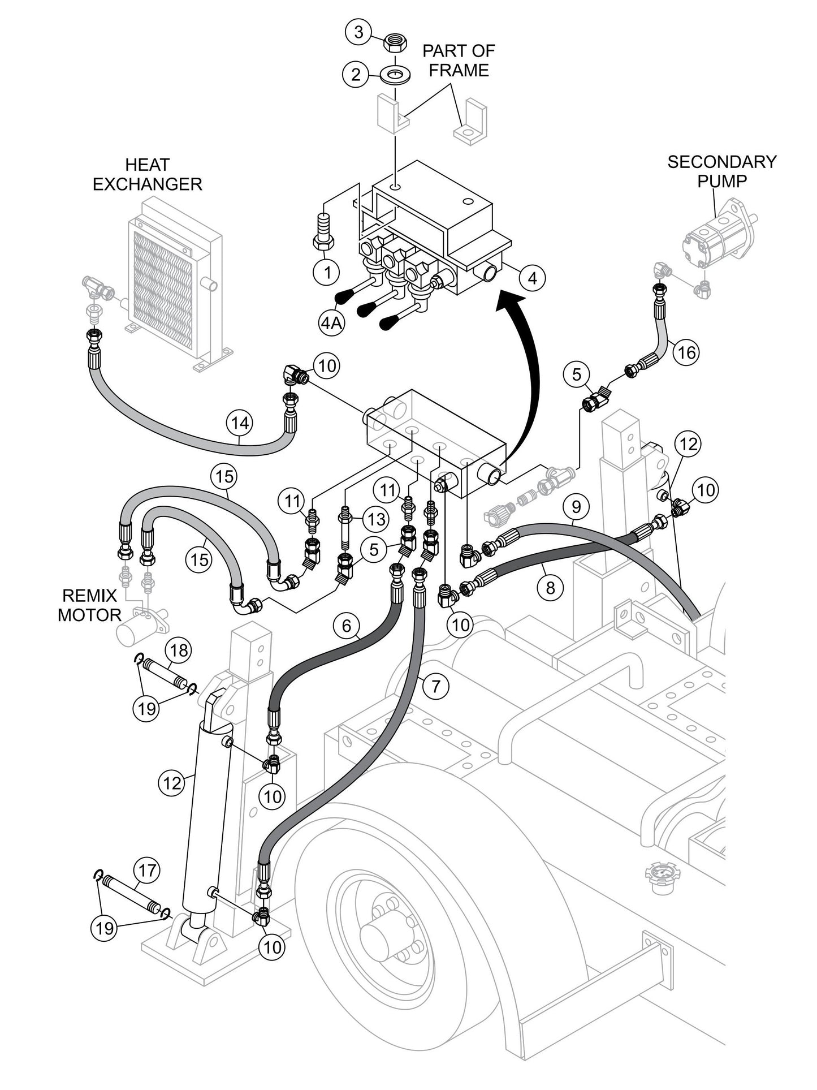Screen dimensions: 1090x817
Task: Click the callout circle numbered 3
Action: point(358,32)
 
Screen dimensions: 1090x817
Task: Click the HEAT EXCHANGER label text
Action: point(147,175)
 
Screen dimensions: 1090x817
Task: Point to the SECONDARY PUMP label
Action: point(721,171)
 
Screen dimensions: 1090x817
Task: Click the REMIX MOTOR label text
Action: point(89,605)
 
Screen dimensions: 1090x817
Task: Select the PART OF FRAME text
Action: point(459,61)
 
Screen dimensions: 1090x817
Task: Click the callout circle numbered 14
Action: point(240,423)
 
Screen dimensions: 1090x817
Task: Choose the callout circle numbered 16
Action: point(686,352)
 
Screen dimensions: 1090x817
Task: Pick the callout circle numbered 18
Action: point(179,650)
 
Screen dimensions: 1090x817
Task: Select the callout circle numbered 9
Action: point(575,506)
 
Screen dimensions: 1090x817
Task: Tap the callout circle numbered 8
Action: point(550,588)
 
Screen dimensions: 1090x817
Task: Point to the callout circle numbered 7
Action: point(435,687)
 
